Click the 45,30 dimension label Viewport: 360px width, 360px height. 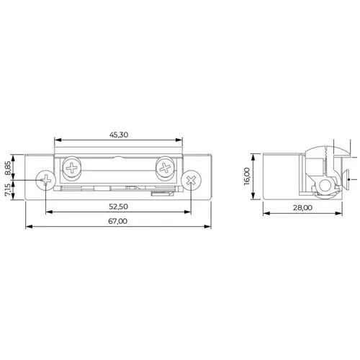point(119,135)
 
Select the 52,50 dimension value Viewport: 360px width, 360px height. point(118,207)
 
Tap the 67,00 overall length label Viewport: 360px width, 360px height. point(117,221)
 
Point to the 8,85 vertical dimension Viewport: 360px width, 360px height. point(8,168)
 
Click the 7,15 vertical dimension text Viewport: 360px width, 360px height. point(8,189)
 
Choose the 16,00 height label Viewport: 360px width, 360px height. point(247,176)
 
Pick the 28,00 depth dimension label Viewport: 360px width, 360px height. point(302,207)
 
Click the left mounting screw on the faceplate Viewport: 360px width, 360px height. point(45,180)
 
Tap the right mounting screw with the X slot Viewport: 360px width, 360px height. point(191,180)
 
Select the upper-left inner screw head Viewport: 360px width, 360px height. point(72,168)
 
